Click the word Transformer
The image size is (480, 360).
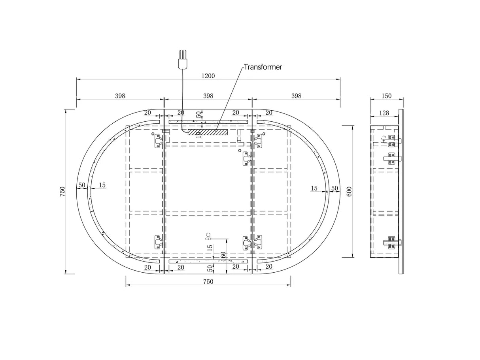point(263,67)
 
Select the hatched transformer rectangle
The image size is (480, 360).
point(208,132)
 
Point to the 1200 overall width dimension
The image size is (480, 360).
point(208,75)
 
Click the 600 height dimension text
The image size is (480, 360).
point(349,191)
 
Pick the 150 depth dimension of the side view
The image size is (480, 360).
point(386,96)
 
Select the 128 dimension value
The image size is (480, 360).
point(384,113)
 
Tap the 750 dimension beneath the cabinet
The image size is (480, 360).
point(208,282)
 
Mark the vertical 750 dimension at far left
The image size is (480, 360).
point(62,191)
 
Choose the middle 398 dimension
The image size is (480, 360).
point(208,96)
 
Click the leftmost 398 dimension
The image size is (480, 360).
point(120,96)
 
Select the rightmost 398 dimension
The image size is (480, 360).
point(296,96)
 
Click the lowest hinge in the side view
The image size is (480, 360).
point(392,242)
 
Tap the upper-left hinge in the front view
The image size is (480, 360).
point(158,141)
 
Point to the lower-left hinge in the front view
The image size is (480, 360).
point(158,241)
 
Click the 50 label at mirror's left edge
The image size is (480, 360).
point(82,185)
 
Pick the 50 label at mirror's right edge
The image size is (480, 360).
point(334,188)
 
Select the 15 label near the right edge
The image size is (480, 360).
point(314,188)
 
